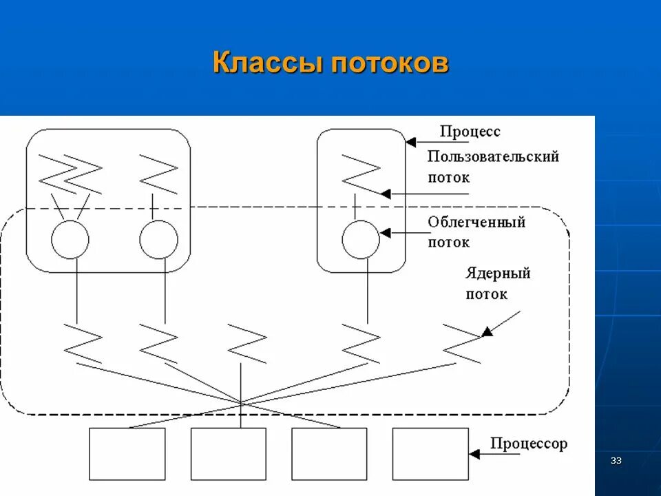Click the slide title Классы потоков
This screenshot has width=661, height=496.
330,62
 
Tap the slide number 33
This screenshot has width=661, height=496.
616,460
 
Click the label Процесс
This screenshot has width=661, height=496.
470,131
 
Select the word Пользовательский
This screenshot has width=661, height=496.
493,156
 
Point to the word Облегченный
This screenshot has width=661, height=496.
476,223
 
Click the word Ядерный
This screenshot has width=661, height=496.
498,273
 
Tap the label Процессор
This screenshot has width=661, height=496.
529,443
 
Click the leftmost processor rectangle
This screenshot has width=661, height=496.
127,454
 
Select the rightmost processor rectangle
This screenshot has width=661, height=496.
430,454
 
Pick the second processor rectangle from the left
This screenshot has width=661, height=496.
229,454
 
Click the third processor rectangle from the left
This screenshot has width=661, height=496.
329,454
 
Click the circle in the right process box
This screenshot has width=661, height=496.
361,240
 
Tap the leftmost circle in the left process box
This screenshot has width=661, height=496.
70,240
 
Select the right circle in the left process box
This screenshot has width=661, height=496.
158,240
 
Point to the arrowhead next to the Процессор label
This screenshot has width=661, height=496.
474,454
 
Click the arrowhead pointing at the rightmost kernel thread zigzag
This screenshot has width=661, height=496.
487,331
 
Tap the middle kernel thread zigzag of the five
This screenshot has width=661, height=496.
246,342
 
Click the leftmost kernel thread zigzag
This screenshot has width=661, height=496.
83,342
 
